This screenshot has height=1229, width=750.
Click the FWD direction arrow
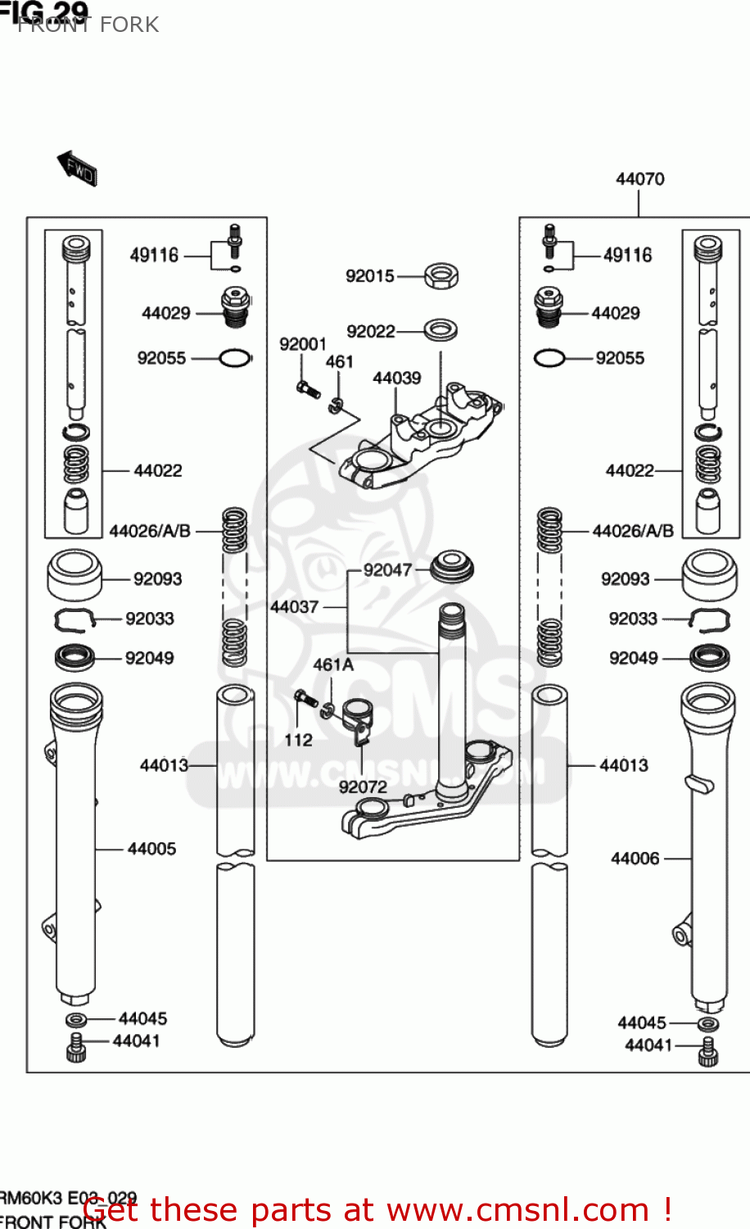[78, 168]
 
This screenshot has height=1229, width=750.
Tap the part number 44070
[639, 179]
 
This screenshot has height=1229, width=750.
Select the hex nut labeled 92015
[441, 276]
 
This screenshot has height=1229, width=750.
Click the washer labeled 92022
[441, 330]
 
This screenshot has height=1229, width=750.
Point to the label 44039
[396, 378]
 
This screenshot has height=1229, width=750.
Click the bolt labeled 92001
[308, 390]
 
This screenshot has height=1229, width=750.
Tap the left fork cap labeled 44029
[235, 306]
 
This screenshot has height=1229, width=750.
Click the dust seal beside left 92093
[75, 574]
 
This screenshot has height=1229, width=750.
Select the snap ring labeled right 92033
[709, 620]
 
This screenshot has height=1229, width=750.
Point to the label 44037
[294, 606]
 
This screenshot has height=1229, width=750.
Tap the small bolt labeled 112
[305, 699]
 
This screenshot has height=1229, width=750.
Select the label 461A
[333, 664]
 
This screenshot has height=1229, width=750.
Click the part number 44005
[151, 849]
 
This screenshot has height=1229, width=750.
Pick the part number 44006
[635, 858]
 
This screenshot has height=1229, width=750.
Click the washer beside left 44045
[76, 1019]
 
